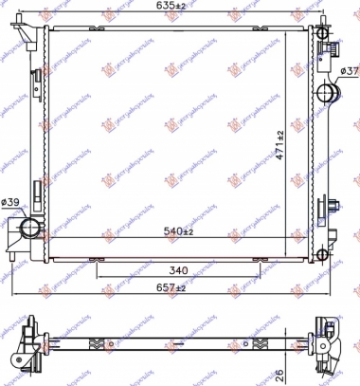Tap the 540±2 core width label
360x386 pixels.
pyautogui.click(x=178, y=230)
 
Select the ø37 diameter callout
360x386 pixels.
pyautogui.click(x=348, y=72)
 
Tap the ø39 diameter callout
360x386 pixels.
pyautogui.click(x=11, y=202)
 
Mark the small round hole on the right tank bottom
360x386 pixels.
pyautogui.click(x=327, y=253)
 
